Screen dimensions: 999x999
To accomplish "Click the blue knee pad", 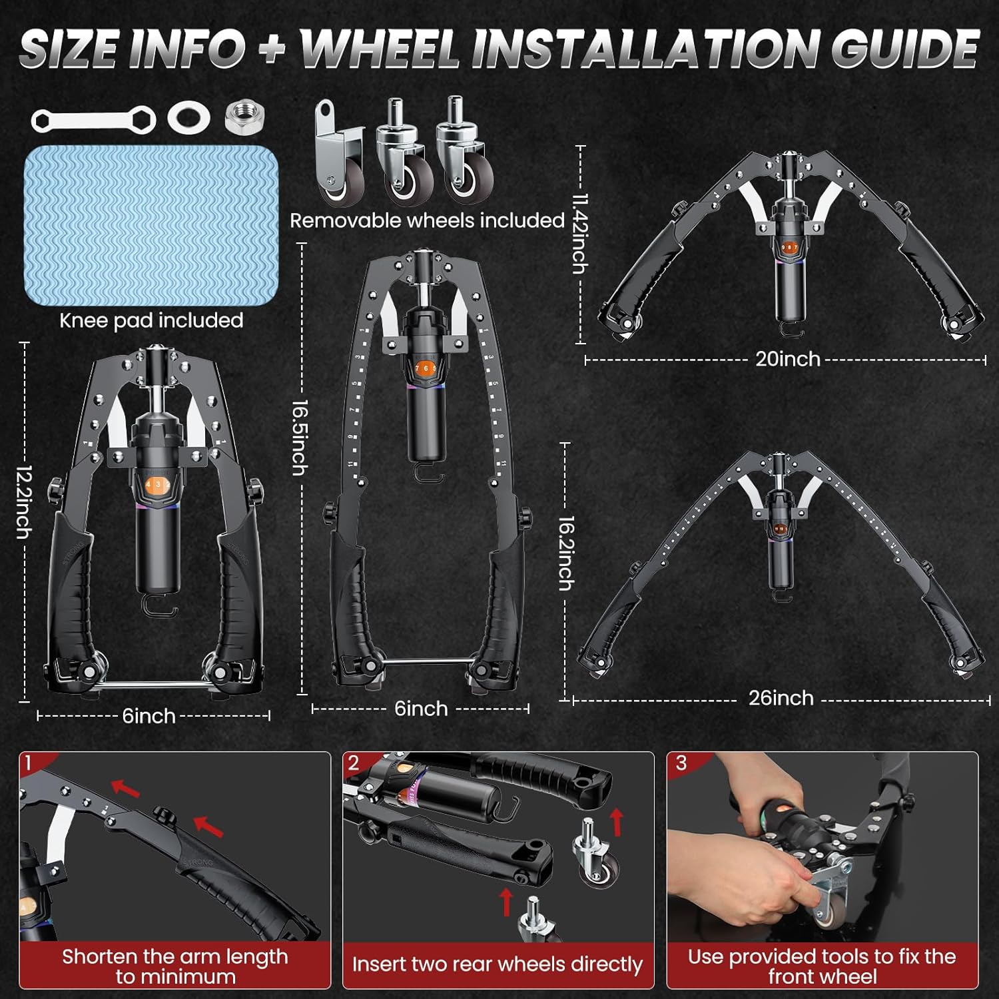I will [151, 225].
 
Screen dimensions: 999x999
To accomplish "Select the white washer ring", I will [189, 118].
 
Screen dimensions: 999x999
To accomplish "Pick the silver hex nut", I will [245, 117].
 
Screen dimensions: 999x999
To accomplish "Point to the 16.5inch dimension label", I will [300, 438].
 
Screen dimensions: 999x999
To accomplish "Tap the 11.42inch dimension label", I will [580, 234].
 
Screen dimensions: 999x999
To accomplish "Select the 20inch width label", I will [787, 359].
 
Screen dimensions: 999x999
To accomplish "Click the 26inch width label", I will [781, 698].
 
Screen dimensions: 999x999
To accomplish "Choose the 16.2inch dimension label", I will [565, 553].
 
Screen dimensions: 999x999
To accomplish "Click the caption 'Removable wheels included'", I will [427, 220].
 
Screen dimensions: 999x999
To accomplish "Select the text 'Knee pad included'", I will [151, 320].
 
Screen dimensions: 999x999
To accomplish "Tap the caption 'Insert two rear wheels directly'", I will [497, 964].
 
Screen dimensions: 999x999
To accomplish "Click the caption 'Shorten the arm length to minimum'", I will [175, 966].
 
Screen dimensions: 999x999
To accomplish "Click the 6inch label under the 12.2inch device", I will [149, 716].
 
